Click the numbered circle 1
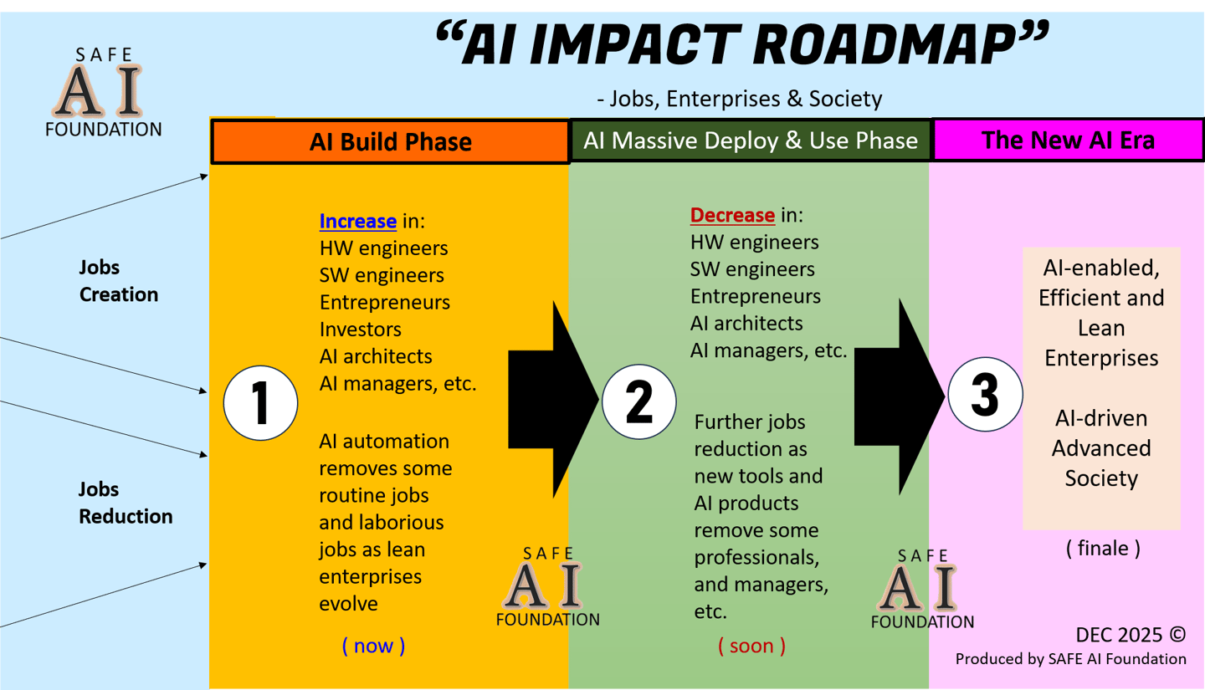click(x=260, y=403)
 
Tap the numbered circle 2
click(x=638, y=401)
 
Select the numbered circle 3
click(x=985, y=396)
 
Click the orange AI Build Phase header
click(x=390, y=141)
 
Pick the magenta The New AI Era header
click(x=1068, y=139)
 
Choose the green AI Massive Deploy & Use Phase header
click(x=751, y=140)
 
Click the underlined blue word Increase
click(x=357, y=222)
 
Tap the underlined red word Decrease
click(x=732, y=215)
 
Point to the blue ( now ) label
click(x=373, y=646)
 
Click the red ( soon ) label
click(x=751, y=646)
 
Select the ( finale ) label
click(x=1102, y=549)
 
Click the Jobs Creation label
click(x=118, y=281)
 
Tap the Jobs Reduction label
click(x=126, y=503)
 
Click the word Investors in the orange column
click(x=360, y=330)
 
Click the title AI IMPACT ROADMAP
click(x=742, y=47)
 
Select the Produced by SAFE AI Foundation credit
click(x=1070, y=659)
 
